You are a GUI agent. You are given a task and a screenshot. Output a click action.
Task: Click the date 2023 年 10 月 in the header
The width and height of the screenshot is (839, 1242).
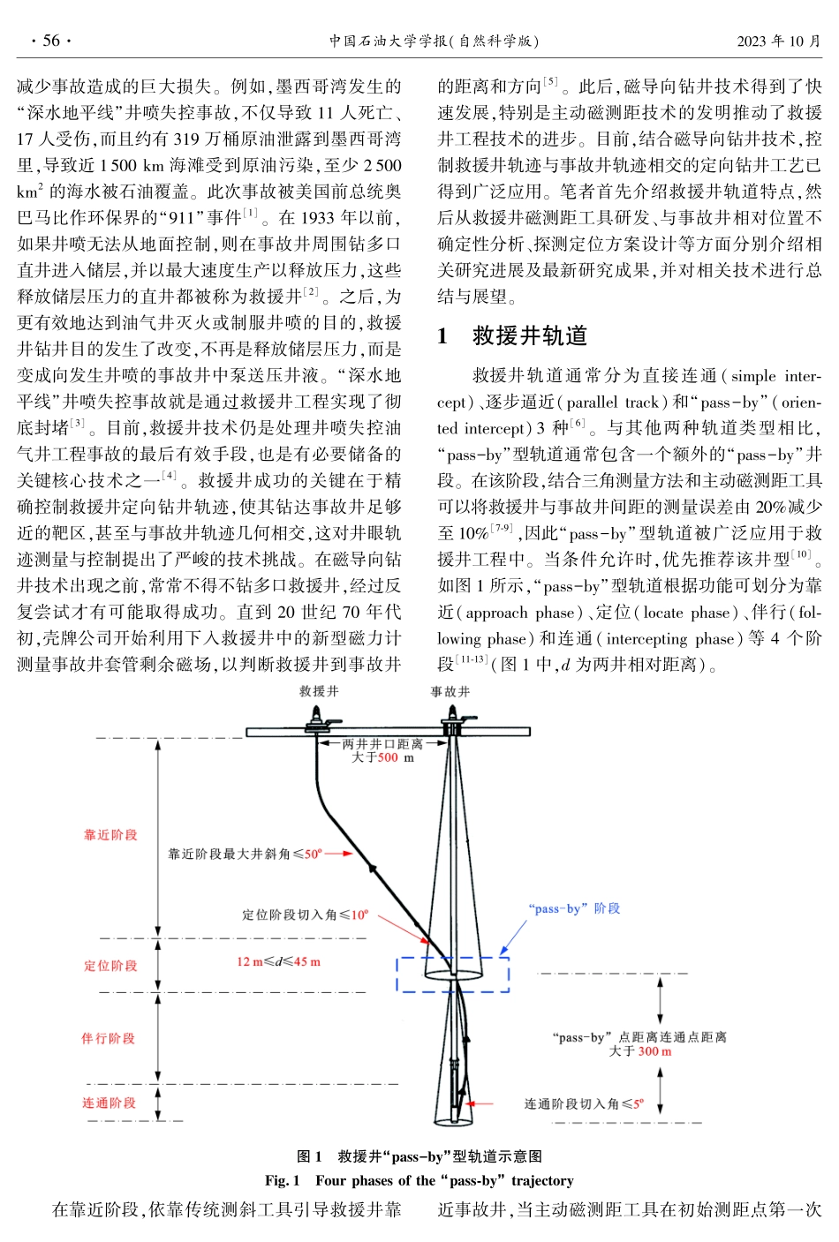click(x=778, y=41)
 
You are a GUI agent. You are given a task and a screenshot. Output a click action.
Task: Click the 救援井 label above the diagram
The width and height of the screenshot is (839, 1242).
click(x=319, y=691)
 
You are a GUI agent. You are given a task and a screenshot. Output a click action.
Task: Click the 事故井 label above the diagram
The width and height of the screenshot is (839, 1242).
click(x=450, y=691)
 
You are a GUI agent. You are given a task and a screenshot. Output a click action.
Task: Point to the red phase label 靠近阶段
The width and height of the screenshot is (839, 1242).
click(x=110, y=835)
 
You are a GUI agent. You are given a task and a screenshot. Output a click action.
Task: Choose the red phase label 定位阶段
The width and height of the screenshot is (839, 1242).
click(x=110, y=966)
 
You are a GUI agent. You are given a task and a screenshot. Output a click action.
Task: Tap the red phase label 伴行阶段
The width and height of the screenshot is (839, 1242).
click(x=109, y=1038)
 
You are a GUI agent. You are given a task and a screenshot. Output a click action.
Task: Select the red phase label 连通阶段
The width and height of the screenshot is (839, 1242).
click(x=110, y=1103)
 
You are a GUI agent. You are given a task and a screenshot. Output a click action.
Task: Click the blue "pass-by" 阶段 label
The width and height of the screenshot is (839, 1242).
click(x=574, y=908)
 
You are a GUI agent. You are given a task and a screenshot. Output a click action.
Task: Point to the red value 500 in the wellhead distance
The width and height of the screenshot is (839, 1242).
click(x=388, y=757)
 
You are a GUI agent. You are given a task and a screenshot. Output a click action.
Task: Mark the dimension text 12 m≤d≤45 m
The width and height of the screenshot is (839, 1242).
click(x=278, y=961)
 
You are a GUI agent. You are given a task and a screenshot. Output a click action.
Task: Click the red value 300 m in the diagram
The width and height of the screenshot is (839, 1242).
click(x=654, y=1051)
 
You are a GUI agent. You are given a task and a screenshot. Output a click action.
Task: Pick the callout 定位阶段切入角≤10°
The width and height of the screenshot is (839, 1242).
click(x=306, y=915)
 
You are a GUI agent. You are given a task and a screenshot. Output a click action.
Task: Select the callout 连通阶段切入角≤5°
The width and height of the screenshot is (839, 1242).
click(x=584, y=1103)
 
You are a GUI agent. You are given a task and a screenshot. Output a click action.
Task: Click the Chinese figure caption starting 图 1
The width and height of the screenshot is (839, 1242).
click(x=419, y=1156)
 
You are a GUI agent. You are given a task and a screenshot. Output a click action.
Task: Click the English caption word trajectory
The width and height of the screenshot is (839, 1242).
click(x=542, y=1181)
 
